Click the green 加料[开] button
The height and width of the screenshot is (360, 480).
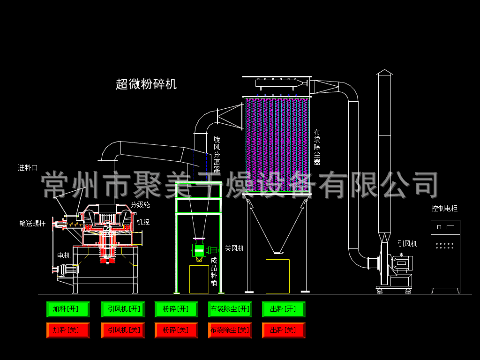coord(68,309)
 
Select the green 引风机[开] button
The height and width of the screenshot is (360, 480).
coord(123,309)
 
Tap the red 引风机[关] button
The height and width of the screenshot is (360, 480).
coord(123,330)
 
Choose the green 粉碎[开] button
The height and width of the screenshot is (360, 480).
coord(176,309)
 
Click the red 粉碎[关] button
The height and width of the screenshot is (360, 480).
coord(176,330)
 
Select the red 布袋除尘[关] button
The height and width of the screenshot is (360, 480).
coord(230,330)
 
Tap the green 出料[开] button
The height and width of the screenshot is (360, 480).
coord(283,309)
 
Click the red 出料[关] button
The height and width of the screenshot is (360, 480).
coord(283,330)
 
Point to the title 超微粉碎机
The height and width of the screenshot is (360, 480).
coord(146,84)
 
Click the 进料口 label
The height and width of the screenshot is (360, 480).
coord(28,168)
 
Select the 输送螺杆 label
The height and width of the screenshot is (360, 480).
coord(32,224)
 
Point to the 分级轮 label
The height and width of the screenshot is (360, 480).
coord(140,205)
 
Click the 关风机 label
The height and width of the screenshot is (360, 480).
coord(234,248)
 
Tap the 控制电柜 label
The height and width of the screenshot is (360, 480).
coord(444,209)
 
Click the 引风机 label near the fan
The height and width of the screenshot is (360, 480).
coord(407,244)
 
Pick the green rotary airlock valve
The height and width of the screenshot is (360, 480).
coord(199,250)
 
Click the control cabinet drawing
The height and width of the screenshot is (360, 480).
coord(445,255)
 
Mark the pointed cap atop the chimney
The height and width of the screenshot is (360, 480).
coord(384,72)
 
